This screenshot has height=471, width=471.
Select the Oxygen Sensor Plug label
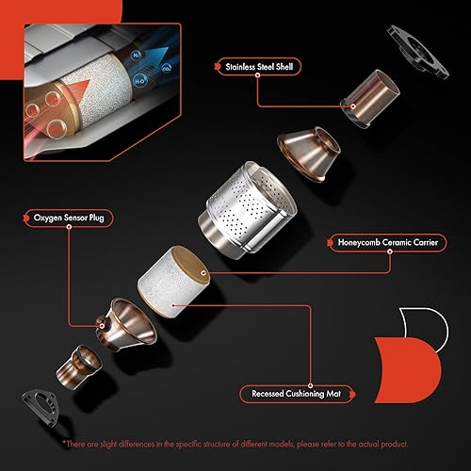[68, 216]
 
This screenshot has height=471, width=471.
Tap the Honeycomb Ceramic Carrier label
[378, 242]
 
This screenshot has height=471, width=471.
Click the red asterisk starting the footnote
[65, 444]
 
